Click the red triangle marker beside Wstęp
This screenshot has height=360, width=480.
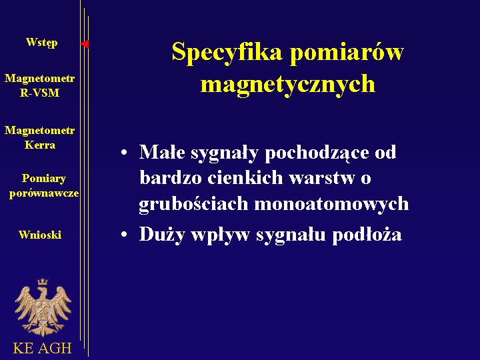(85, 44)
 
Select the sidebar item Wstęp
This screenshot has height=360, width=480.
(41, 43)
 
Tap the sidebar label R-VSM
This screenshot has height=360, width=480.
(39, 93)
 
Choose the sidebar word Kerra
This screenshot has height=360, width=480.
(40, 145)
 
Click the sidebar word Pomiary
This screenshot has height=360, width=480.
(44, 179)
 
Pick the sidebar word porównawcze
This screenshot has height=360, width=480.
(44, 193)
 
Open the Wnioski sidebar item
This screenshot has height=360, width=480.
(40, 235)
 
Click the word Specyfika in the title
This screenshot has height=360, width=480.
(227, 53)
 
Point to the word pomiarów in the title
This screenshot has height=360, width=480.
(347, 51)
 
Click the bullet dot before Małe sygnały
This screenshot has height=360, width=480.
(124, 153)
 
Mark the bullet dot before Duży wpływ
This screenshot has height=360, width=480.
(124, 235)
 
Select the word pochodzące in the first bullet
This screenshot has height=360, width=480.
(317, 153)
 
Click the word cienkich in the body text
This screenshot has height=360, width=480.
(245, 177)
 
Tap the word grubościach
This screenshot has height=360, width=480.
(193, 204)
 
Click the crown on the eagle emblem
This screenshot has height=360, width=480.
(43, 281)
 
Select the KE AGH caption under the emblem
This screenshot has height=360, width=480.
(42, 348)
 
